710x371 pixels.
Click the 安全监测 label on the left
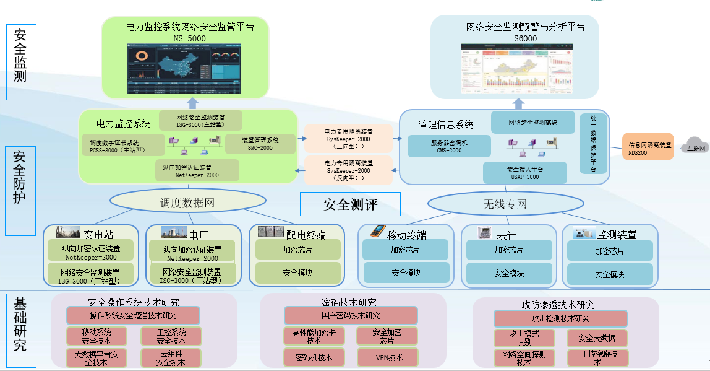pos(21,62)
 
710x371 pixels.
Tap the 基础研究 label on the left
pos(21,332)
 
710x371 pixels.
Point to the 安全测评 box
pos(350,204)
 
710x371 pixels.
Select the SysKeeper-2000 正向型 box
pos(349,138)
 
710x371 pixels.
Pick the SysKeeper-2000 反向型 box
pos(349,170)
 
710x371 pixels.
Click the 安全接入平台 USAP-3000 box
pos(524,173)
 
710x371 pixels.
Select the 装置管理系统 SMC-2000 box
pos(260,144)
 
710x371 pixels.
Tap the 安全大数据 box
pos(597,338)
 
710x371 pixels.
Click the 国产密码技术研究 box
pos(351,316)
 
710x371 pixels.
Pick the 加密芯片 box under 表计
pos(508,250)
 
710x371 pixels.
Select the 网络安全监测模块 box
pos(532,123)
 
